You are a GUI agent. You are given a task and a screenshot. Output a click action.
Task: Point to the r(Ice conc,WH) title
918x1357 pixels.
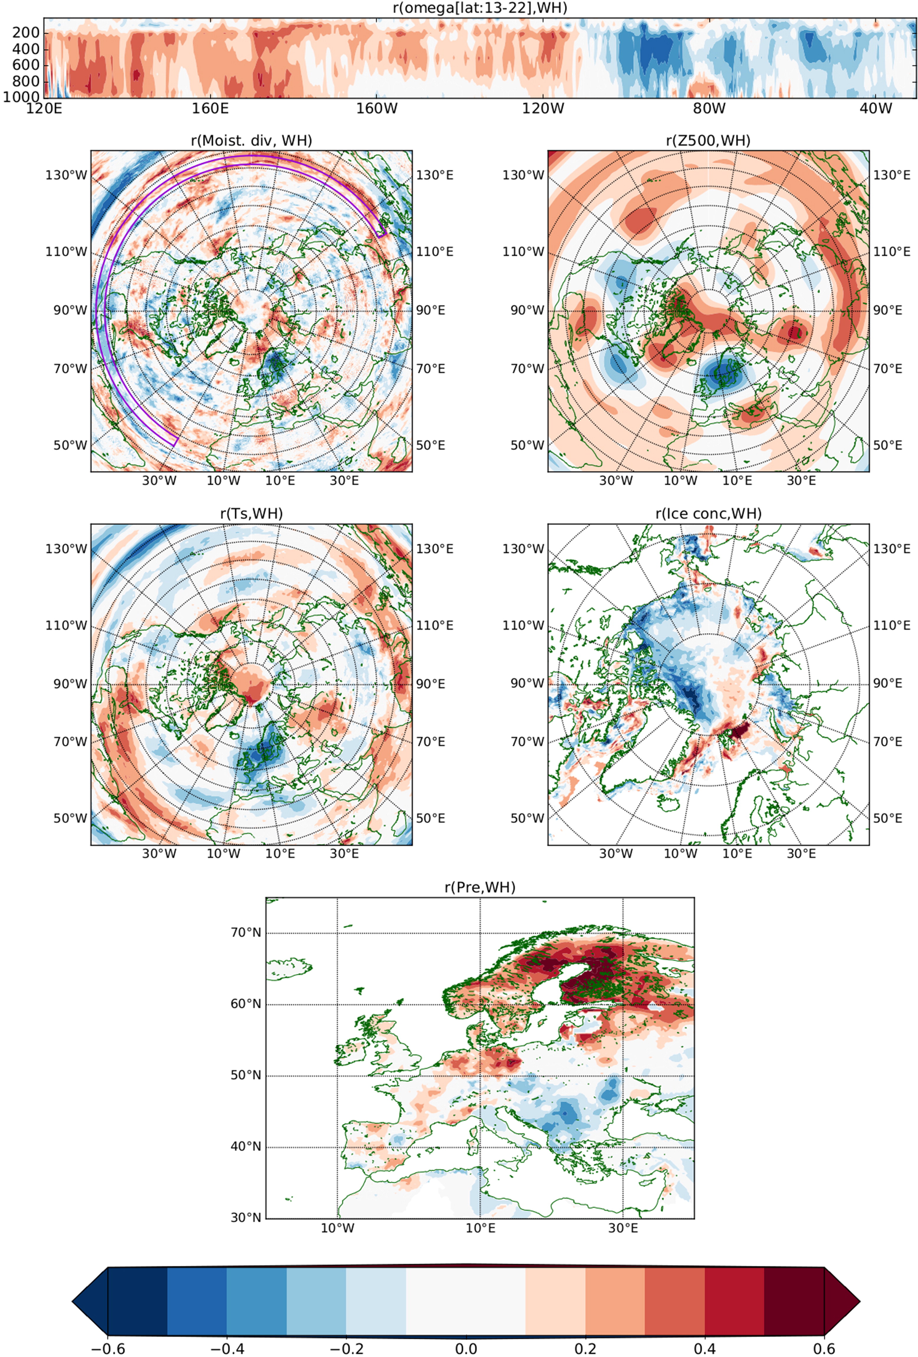point(708,513)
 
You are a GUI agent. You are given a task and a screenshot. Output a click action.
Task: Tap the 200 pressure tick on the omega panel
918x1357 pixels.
point(26,33)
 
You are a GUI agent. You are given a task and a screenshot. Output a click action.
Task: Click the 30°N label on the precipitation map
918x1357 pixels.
point(246,1217)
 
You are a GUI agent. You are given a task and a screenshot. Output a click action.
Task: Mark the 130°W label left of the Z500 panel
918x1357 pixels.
point(523,175)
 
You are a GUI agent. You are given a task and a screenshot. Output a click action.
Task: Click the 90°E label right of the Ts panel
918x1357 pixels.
point(430,683)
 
